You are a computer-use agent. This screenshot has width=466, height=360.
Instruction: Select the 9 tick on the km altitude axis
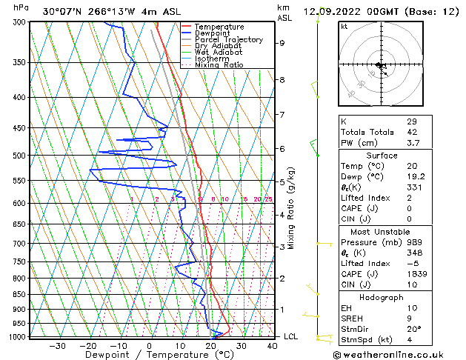(x=282, y=43)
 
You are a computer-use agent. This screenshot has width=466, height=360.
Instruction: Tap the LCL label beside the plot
(x=292, y=336)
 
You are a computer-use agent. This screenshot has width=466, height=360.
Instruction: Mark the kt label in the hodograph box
(x=344, y=27)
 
